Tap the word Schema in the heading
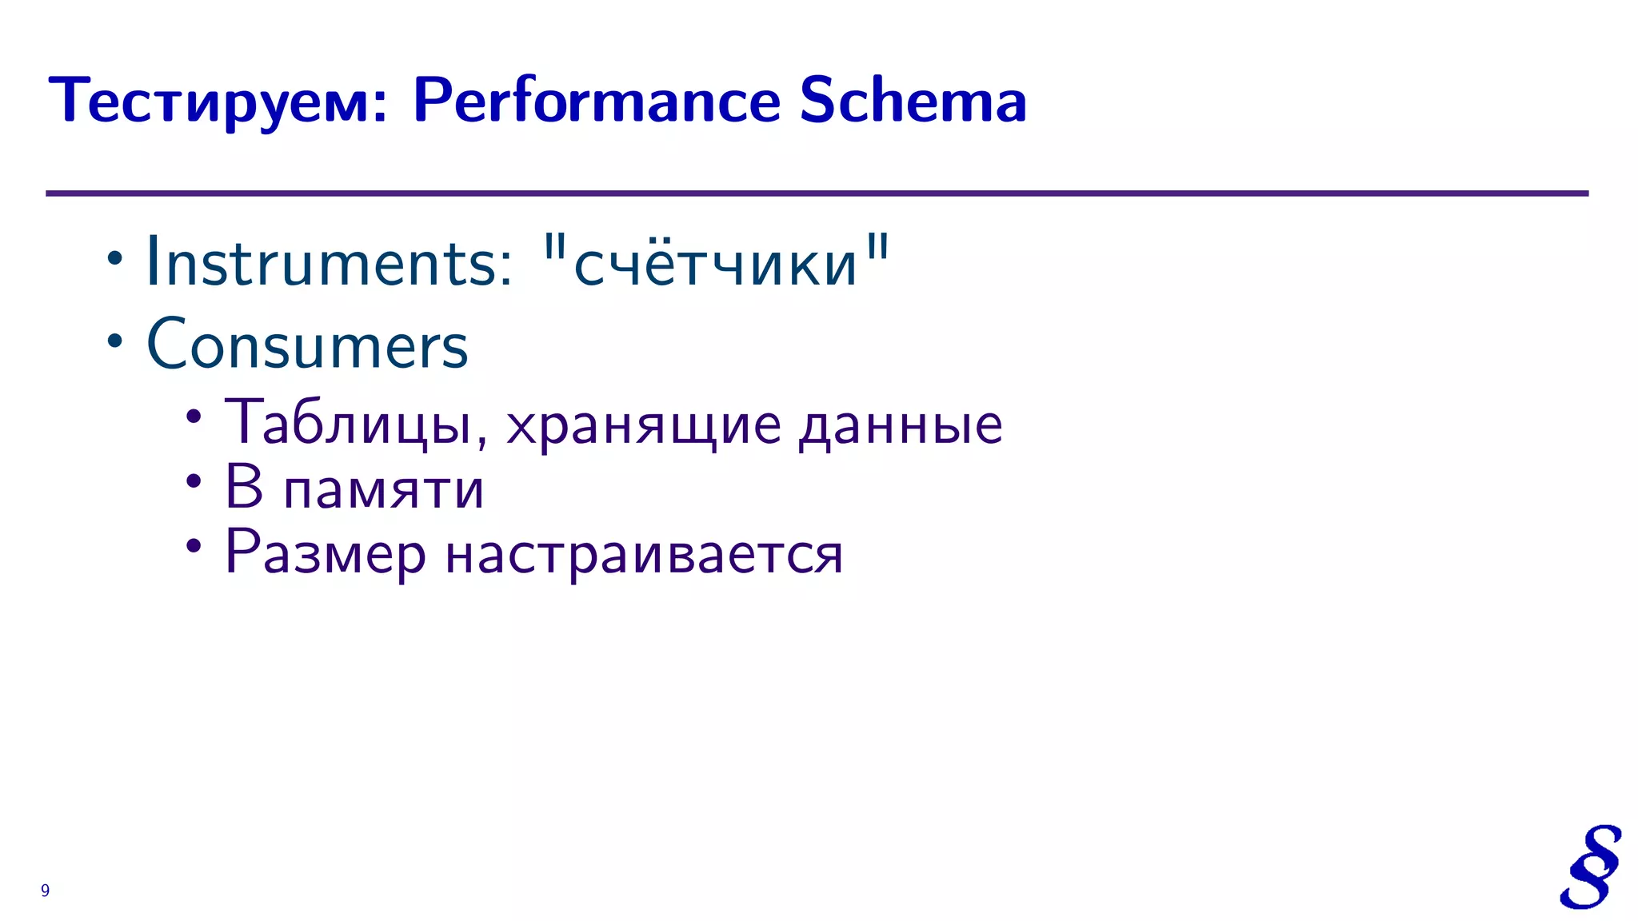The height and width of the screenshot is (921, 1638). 913,101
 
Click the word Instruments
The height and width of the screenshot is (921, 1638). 328,262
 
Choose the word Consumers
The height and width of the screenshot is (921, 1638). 307,345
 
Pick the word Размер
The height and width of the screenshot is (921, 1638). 326,553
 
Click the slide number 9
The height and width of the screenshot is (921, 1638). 46,891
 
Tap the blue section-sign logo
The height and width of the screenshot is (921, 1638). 1590,867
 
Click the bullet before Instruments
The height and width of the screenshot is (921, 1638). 115,259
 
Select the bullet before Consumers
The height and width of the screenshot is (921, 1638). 115,341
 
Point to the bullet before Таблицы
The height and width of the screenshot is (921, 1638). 194,416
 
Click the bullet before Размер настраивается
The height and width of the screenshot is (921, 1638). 194,547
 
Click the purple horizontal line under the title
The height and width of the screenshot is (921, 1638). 816,193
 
